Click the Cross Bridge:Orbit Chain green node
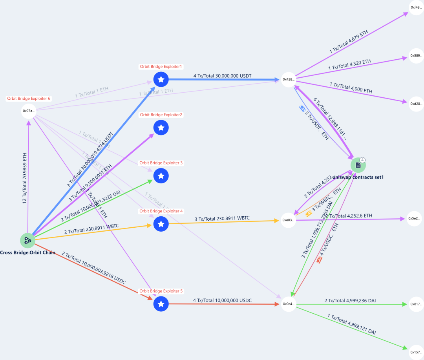[28, 240]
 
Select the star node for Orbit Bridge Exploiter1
[161, 79]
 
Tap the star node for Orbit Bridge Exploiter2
[161, 128]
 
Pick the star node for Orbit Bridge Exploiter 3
[161, 176]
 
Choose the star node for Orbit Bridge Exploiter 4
[161, 224]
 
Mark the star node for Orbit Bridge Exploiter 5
[161, 304]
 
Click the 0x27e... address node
[29, 111]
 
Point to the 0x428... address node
[289, 79]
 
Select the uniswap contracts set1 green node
[358, 165]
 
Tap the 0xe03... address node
[289, 220]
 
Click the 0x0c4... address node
[289, 304]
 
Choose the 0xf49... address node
[416, 7]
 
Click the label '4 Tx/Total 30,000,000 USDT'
[222, 75]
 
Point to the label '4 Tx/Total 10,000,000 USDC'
[222, 300]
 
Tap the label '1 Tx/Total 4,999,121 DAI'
[351, 324]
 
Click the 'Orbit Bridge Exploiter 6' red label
[29, 99]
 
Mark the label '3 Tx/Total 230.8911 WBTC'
[222, 218]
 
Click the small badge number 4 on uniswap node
[363, 160]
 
